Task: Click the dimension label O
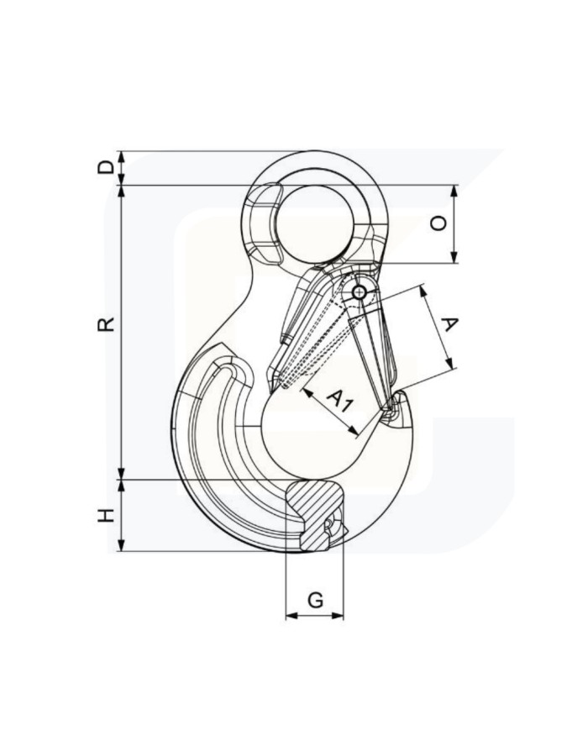[438, 223]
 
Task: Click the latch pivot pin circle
[360, 292]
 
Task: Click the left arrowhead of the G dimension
[291, 616]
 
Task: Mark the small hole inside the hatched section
[329, 527]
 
